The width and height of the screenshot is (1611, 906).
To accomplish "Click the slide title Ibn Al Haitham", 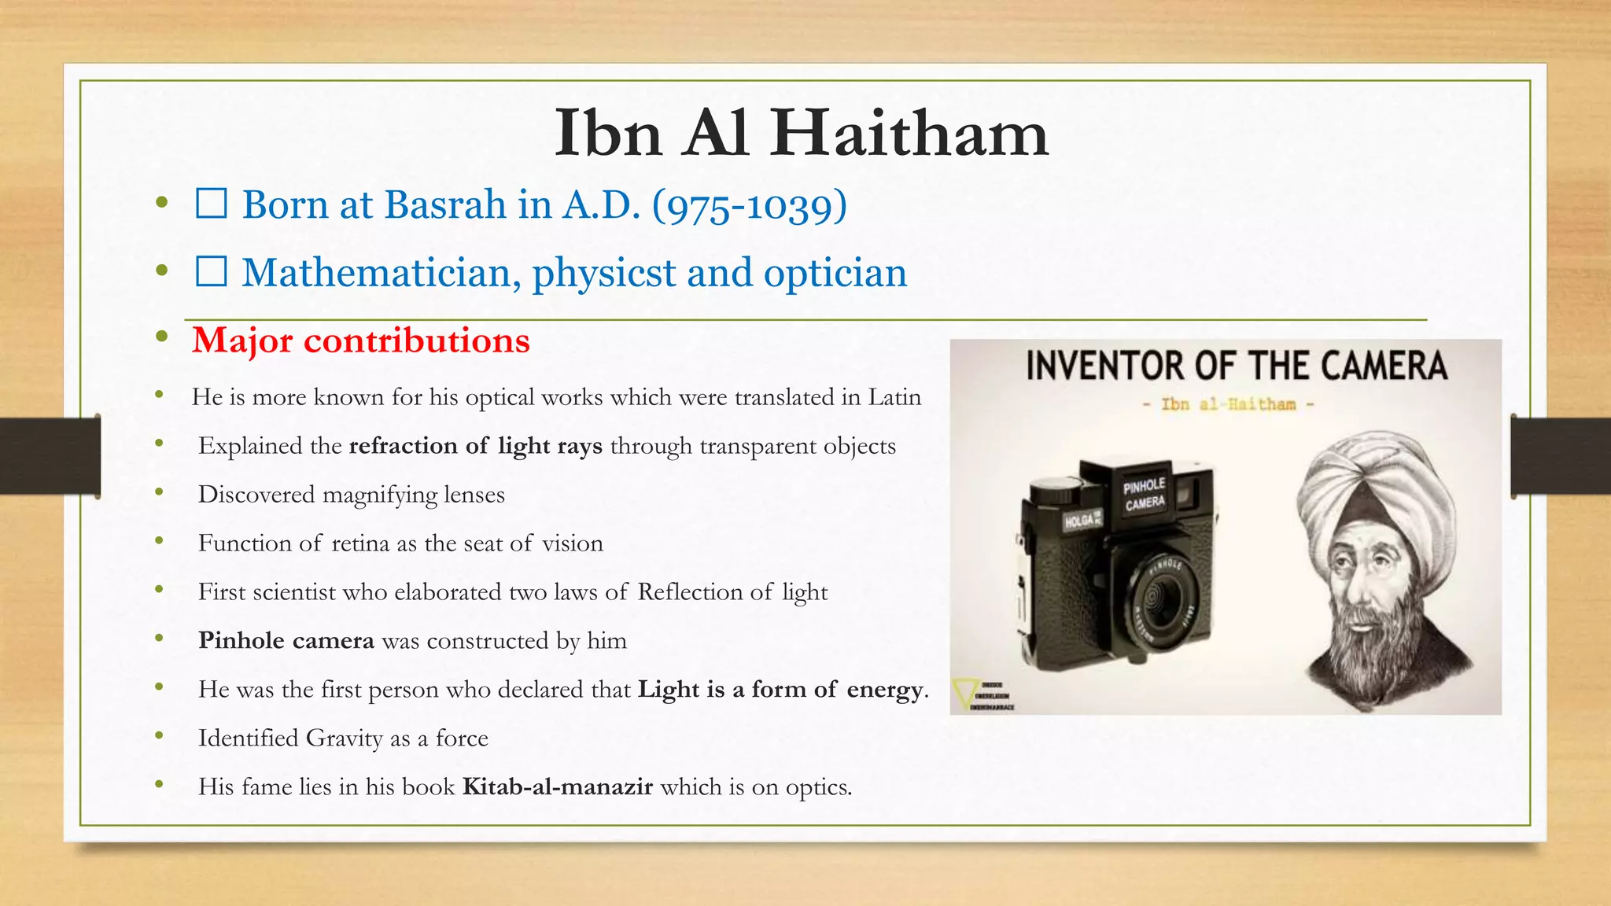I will click(801, 134).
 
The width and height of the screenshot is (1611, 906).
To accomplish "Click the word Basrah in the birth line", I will click(445, 205).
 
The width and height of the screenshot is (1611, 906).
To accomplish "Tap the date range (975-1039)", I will click(750, 205).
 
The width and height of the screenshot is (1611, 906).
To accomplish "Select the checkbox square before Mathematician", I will click(212, 272).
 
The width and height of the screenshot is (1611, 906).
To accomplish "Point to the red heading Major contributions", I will click(361, 341).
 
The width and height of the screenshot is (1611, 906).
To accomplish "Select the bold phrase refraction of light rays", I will click(475, 446).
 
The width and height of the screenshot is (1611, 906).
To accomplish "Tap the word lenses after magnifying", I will click(474, 495).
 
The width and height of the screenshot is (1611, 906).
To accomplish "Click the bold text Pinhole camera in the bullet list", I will click(286, 641).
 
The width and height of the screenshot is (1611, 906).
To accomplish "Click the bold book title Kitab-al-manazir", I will click(557, 787).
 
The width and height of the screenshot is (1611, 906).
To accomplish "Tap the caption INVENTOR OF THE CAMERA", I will click(1236, 366).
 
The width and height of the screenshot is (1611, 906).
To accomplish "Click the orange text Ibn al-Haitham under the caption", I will click(1228, 404).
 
